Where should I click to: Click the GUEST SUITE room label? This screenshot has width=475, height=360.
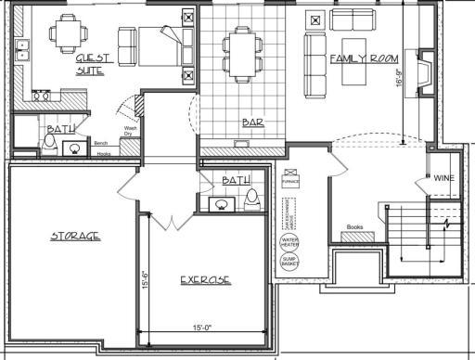pyautogui.click(x=93, y=63)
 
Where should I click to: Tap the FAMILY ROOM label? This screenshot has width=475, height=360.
pyautogui.click(x=364, y=58)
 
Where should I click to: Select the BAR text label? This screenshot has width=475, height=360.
pyautogui.click(x=251, y=122)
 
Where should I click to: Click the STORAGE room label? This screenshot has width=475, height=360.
pyautogui.click(x=75, y=236)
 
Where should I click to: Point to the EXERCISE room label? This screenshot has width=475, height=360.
pyautogui.click(x=205, y=279)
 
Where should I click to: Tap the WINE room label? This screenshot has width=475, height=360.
pyautogui.click(x=443, y=177)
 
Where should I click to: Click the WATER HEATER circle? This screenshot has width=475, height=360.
pyautogui.click(x=289, y=242)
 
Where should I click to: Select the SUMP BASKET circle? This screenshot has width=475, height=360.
pyautogui.click(x=289, y=263)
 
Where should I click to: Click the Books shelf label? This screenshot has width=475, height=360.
pyautogui.click(x=353, y=226)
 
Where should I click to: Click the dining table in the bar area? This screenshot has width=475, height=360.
pyautogui.click(x=238, y=50)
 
